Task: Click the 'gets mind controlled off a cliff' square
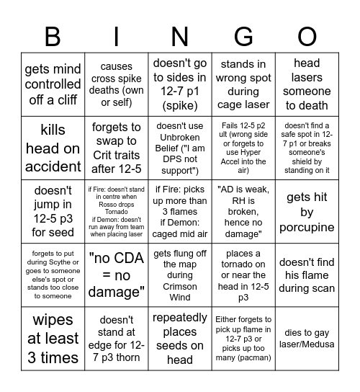[53, 85]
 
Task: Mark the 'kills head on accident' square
[53, 148]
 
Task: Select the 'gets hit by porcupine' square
[307, 213]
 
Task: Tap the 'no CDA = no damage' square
[116, 276]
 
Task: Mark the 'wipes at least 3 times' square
[53, 339]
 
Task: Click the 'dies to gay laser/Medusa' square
[307, 339]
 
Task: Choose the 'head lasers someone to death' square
[307, 85]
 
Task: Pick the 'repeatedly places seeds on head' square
[179, 339]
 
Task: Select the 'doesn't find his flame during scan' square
[307, 276]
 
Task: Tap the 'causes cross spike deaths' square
[116, 85]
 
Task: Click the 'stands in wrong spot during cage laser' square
[243, 85]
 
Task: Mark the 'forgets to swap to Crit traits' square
[116, 148]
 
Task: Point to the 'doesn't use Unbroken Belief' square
[179, 148]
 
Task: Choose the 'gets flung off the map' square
[179, 276]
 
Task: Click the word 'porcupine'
[307, 228]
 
